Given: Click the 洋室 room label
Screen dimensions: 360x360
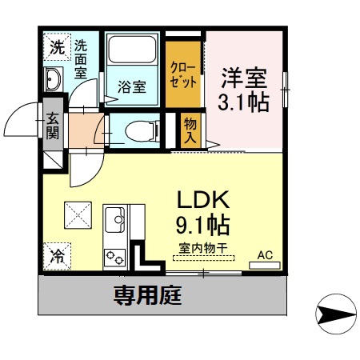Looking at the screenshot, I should tap(245, 78).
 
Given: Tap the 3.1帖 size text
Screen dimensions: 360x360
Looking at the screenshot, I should tap(244, 102).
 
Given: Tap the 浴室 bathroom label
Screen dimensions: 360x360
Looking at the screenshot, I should tap(133, 86).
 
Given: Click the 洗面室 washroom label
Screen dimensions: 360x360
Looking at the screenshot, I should tap(81, 58).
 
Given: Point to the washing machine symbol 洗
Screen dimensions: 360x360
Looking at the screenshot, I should tap(55, 47).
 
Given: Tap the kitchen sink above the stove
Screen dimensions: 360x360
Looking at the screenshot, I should tap(114, 219).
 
